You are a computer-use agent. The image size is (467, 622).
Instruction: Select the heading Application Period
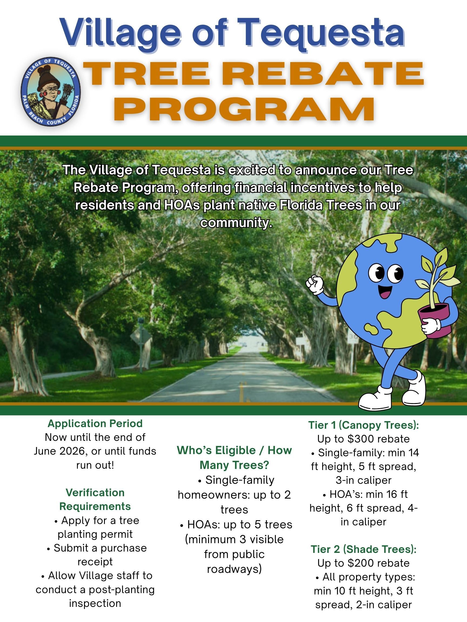click(x=95, y=424)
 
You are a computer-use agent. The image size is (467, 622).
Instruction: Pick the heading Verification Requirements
click(x=95, y=499)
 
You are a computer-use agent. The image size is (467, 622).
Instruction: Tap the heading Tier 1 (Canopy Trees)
click(x=363, y=425)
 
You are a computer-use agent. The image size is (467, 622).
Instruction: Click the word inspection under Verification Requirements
click(x=95, y=603)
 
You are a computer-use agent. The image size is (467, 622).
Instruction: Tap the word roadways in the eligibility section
click(x=234, y=569)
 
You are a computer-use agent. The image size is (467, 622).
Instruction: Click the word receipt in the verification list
click(x=95, y=562)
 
